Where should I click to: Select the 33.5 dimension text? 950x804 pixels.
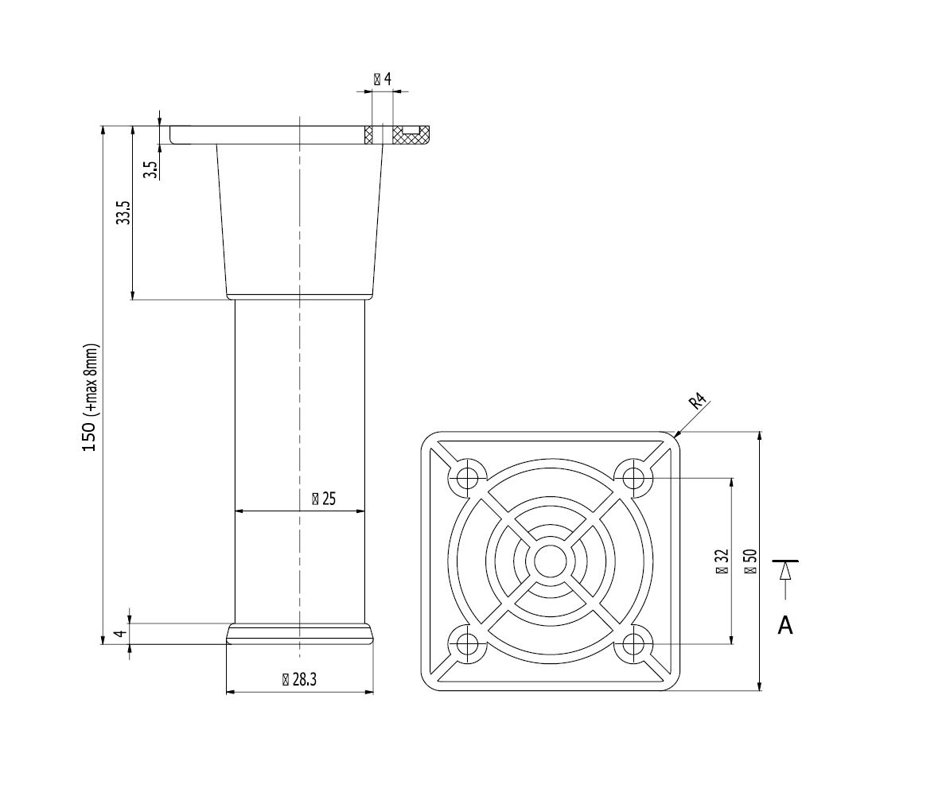tap(123, 213)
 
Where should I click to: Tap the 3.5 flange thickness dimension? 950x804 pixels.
tap(149, 169)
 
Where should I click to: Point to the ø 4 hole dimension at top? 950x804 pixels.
tap(382, 79)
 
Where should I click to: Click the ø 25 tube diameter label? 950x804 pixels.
tap(323, 499)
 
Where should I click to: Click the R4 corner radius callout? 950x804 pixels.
tap(698, 402)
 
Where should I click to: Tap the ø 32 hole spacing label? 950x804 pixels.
tap(722, 561)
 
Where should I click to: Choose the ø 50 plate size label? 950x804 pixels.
tap(749, 561)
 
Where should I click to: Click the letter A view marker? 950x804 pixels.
tap(785, 626)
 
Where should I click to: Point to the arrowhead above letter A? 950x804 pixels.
tap(785, 570)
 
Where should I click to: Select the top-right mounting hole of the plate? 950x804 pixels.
tap(633, 478)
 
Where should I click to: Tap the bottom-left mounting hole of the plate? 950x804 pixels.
tap(467, 643)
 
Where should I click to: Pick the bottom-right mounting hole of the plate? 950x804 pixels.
tap(633, 643)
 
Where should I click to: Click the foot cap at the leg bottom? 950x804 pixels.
tap(299, 633)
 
